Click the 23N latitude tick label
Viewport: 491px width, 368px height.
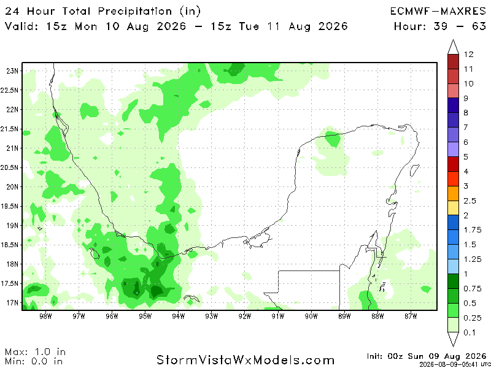pos(12,71)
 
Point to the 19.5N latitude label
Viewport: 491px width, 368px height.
pos(9,206)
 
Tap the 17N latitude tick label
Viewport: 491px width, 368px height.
pos(12,303)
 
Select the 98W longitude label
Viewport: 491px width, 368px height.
pos(45,316)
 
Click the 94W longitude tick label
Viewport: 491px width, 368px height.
pos(179,316)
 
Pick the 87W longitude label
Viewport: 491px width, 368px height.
pos(411,316)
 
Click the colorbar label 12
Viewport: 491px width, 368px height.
pos(468,54)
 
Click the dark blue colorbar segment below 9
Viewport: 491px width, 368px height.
pos(453,105)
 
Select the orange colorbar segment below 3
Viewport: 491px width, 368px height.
pos(453,193)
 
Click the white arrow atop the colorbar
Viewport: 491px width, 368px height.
pos(453,47)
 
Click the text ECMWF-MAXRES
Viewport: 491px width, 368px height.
pos(438,12)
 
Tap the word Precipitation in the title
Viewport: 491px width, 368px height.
pos(135,12)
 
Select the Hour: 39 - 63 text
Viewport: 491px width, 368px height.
pos(440,26)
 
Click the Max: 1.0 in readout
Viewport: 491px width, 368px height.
pos(35,351)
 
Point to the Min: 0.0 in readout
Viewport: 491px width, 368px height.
pos(33,361)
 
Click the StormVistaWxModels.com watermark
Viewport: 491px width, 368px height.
pos(245,360)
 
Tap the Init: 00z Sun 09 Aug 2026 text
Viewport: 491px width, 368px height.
pos(426,357)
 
